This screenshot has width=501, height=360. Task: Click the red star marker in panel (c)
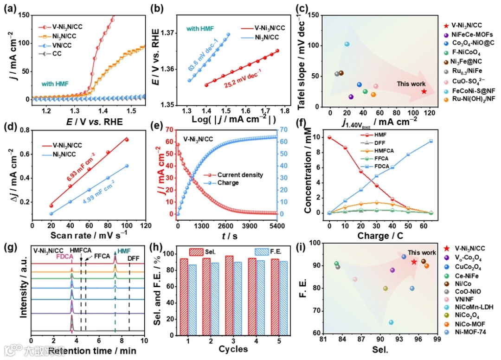pos(424,91)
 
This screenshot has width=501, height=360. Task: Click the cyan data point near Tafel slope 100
pos(347,44)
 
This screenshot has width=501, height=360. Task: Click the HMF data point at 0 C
pos(329,137)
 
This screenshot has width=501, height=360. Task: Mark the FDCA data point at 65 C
pos(431,141)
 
